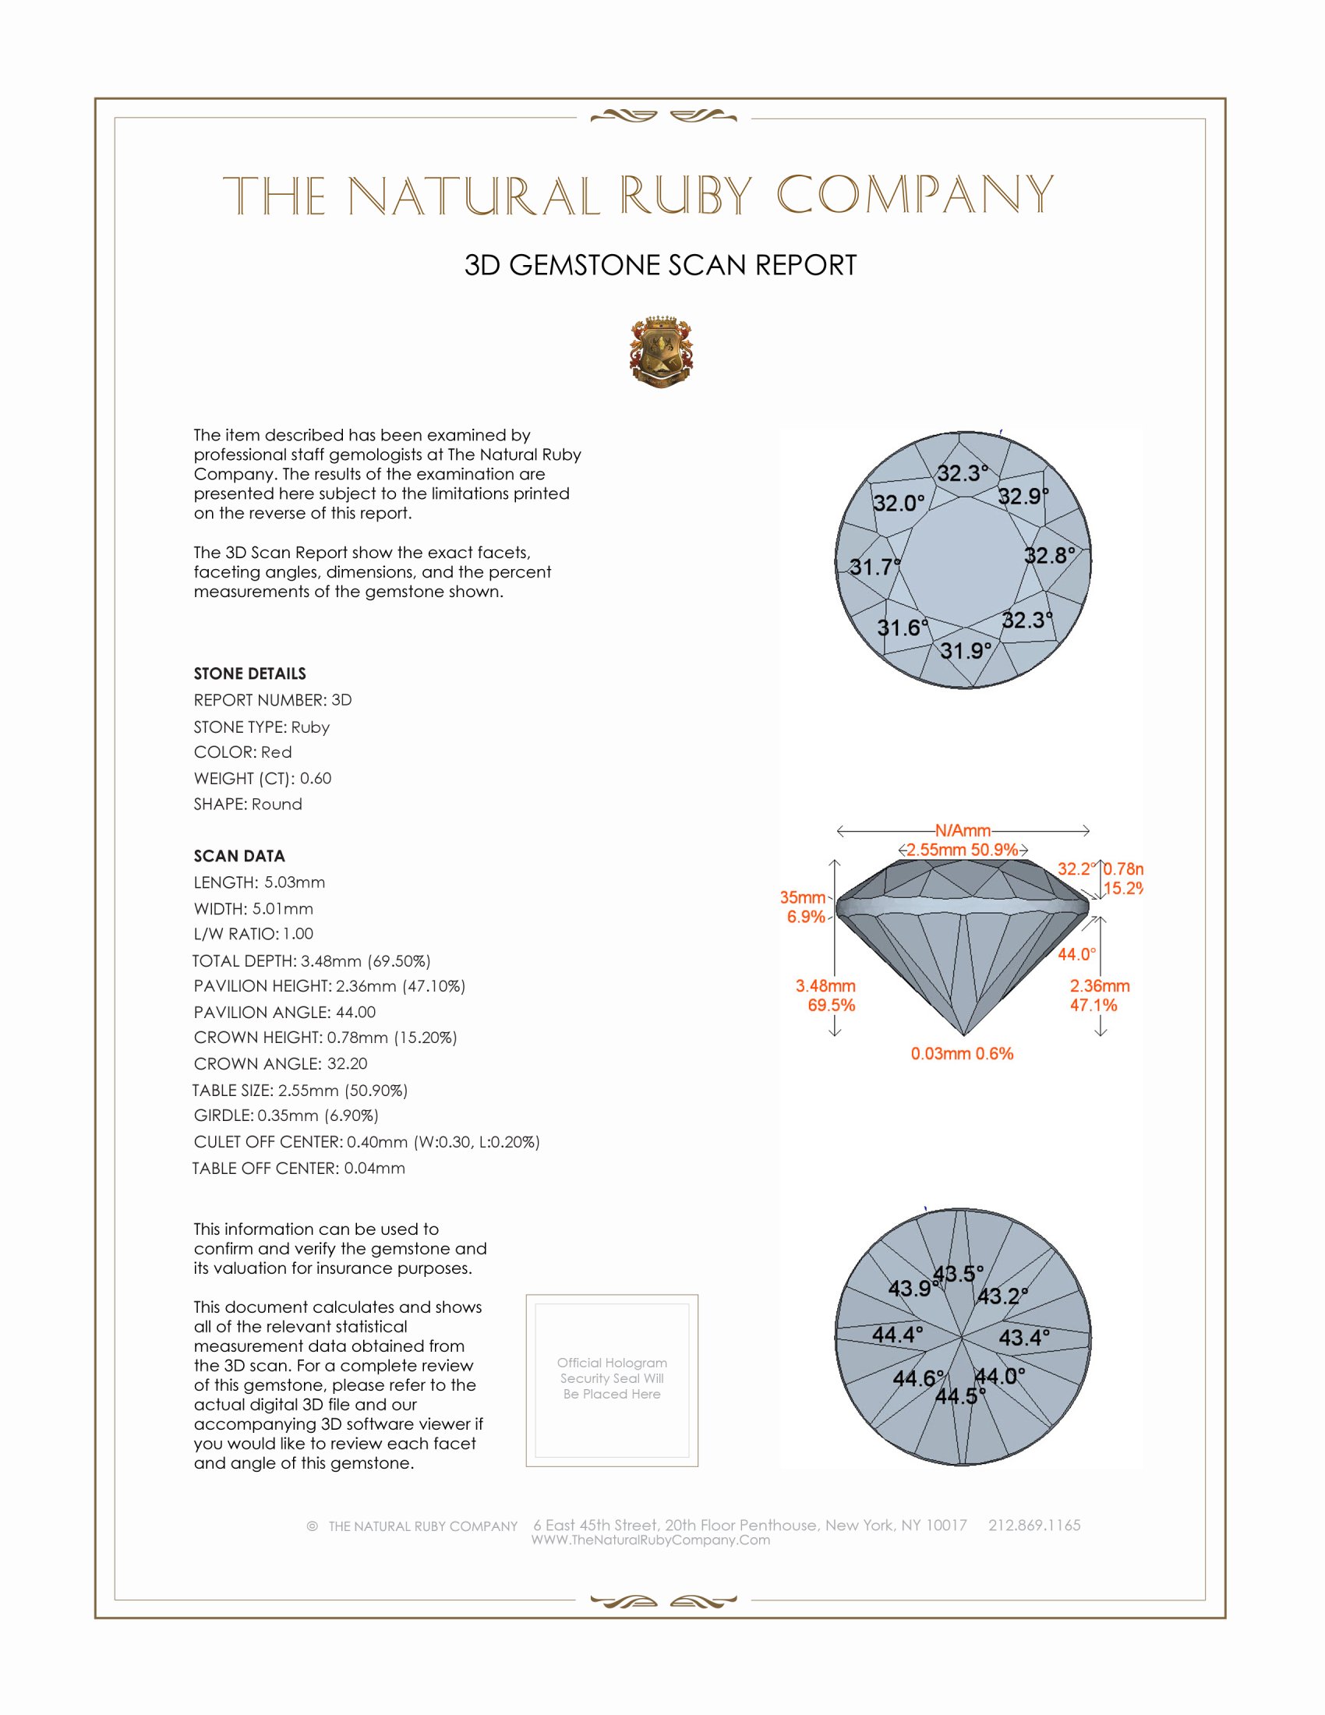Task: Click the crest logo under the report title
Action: coord(661,352)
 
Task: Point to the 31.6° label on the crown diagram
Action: coord(903,628)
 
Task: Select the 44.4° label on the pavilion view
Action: coord(897,1334)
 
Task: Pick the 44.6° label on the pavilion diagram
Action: coord(918,1378)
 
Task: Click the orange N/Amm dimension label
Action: coord(963,831)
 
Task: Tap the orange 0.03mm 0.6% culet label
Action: coord(962,1054)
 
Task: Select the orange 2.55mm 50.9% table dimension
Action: coord(963,850)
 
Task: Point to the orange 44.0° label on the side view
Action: coord(1076,954)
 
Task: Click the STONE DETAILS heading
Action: coord(249,674)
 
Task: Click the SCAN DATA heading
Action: coord(239,856)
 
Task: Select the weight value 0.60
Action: coord(316,778)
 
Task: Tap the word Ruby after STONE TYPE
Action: coord(310,727)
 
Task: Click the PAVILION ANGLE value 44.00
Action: coord(355,1012)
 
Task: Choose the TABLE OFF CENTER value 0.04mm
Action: coord(374,1168)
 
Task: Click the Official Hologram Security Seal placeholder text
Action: coord(612,1378)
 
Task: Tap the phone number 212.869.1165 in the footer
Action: coord(1033,1525)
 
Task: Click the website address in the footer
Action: coord(651,1540)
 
